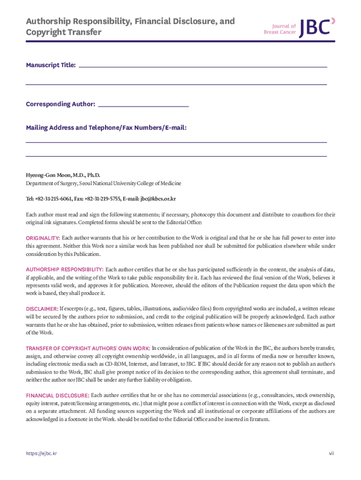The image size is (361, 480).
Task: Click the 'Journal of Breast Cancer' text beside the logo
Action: [x=280, y=29]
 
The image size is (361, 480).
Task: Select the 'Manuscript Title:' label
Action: [x=51, y=65]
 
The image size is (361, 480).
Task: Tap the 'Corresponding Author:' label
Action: [x=60, y=104]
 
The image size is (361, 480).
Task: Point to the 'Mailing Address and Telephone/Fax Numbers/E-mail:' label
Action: [x=106, y=127]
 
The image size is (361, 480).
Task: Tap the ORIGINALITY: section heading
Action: [x=43, y=238]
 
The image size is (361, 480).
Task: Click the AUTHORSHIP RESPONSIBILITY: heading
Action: [x=65, y=270]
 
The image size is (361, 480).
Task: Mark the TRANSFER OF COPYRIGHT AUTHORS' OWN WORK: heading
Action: [x=88, y=348]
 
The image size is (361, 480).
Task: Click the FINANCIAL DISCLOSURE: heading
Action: [x=57, y=396]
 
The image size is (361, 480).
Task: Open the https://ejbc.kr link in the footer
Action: [x=41, y=454]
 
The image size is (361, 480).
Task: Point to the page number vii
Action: [x=331, y=454]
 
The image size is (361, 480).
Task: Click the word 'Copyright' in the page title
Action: [x=45, y=32]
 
